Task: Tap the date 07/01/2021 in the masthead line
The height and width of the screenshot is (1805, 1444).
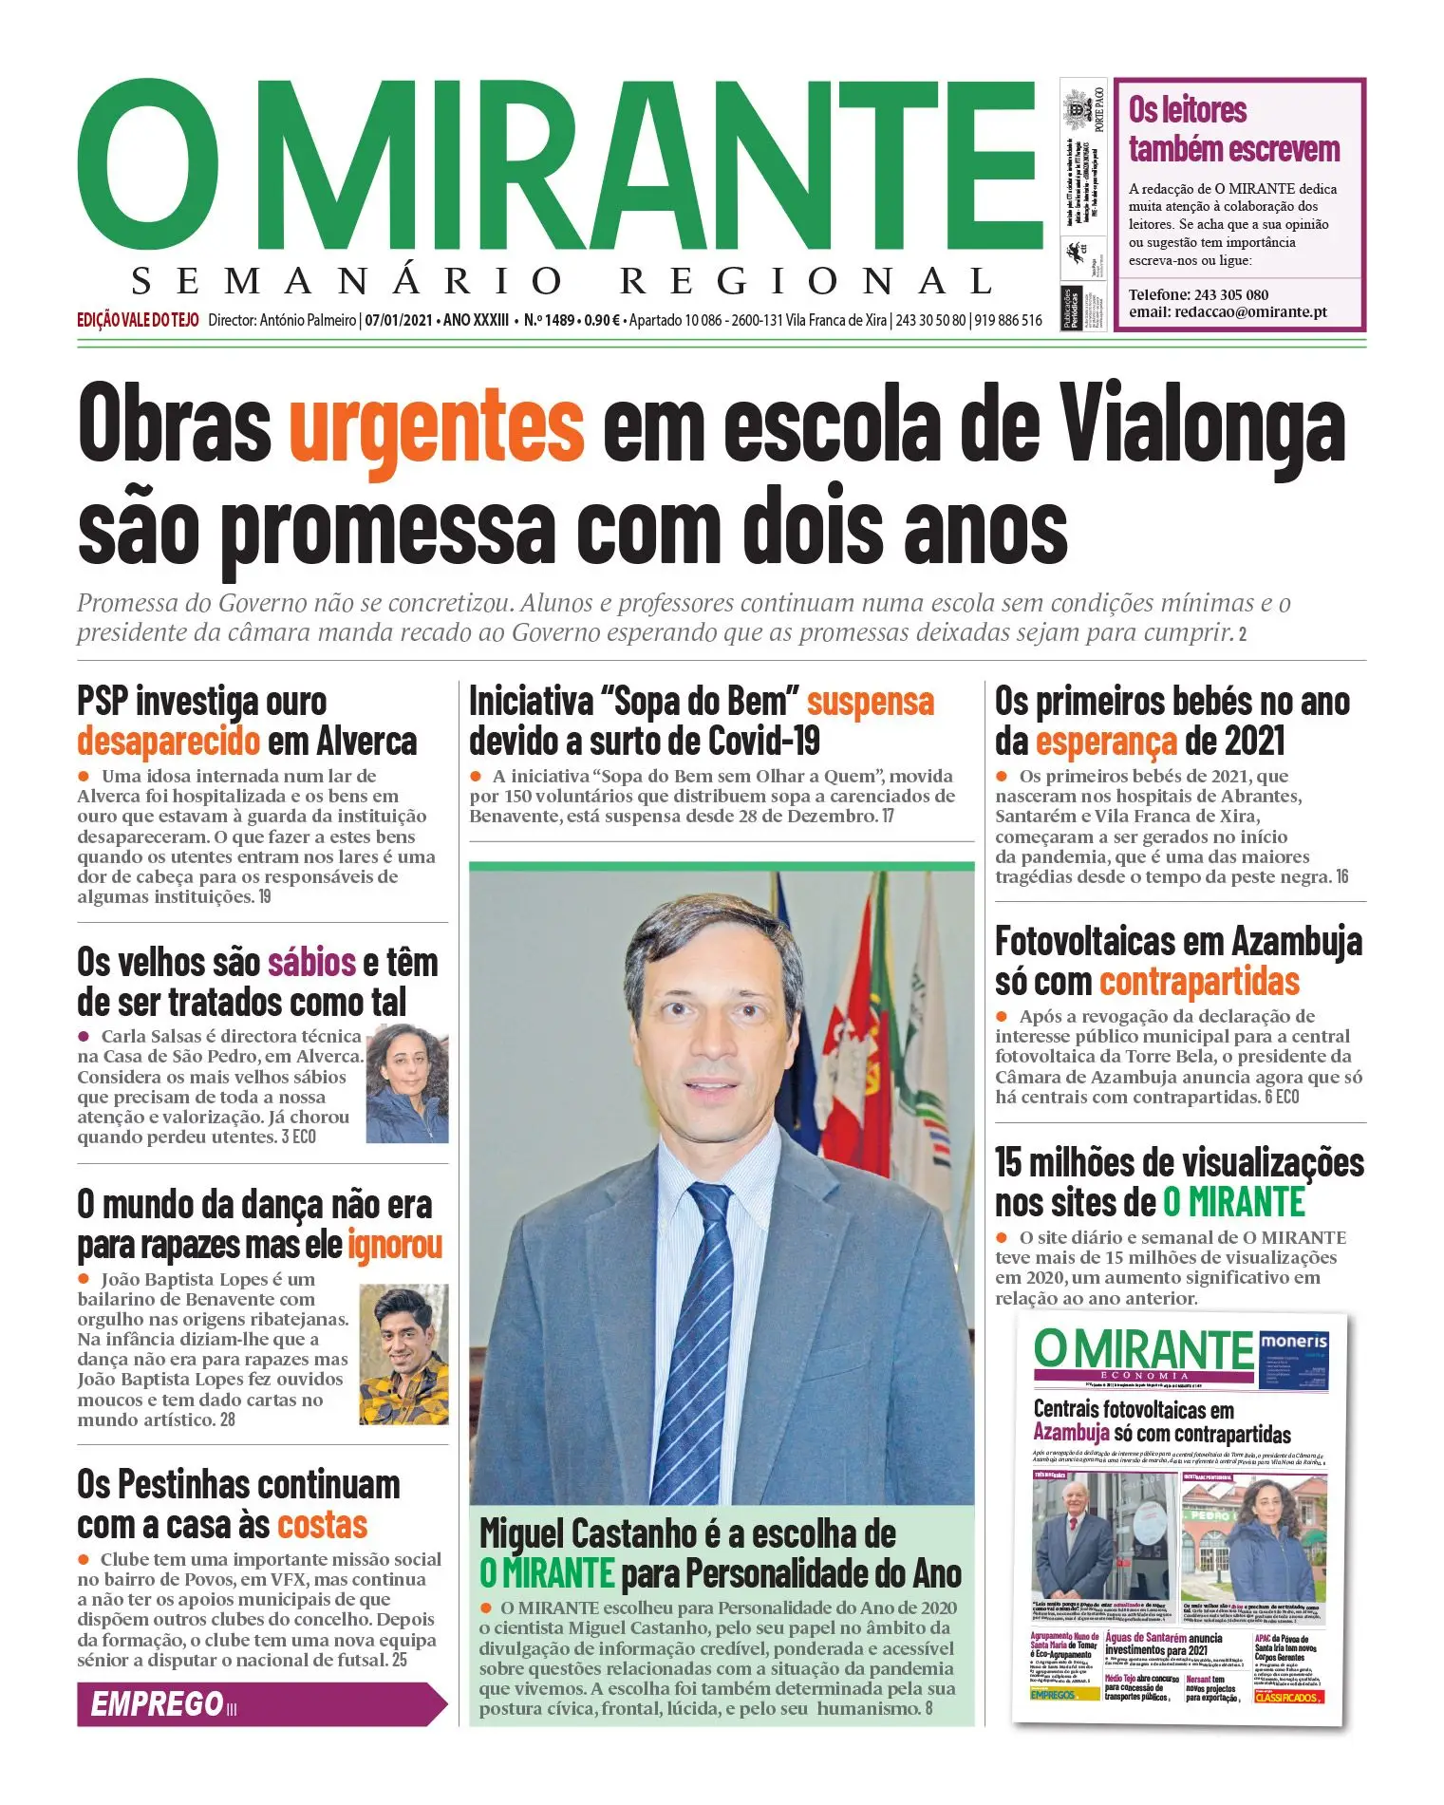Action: tap(400, 320)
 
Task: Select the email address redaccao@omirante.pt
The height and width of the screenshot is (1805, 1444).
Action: tap(1228, 311)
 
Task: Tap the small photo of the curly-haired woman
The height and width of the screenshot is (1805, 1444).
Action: tap(405, 1084)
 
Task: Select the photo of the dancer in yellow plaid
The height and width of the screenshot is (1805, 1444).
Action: tap(403, 1354)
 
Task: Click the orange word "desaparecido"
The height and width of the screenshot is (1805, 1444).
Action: tap(168, 741)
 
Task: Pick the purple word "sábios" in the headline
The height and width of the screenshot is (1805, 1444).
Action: tap(311, 963)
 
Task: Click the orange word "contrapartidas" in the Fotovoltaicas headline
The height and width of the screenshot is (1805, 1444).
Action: tap(1199, 982)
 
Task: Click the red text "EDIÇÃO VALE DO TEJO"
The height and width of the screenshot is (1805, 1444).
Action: tap(138, 320)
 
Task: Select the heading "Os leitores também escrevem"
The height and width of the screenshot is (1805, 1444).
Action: tap(1233, 129)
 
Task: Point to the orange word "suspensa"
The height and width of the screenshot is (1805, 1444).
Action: tap(870, 702)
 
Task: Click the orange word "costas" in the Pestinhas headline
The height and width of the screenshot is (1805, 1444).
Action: tap(322, 1525)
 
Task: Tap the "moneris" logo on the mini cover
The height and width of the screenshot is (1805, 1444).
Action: tap(1293, 1343)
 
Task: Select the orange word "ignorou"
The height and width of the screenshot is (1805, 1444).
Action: tap(395, 1244)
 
